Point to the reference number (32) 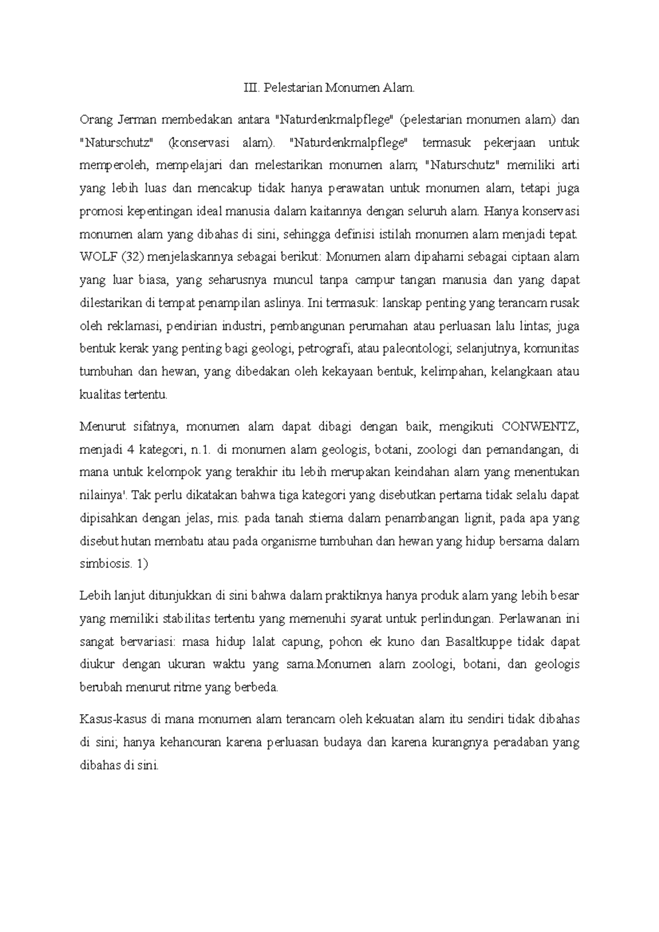(x=129, y=257)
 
